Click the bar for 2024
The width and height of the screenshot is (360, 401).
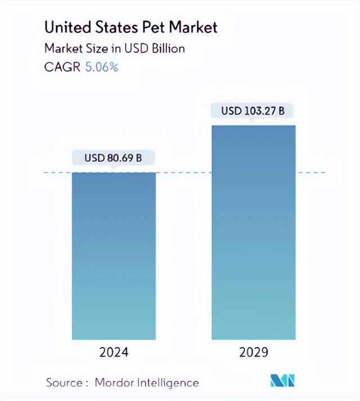[x=114, y=256]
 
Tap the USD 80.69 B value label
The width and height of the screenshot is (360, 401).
[x=114, y=159]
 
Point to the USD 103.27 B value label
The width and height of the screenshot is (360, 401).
[x=253, y=111]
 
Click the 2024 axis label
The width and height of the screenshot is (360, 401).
[x=114, y=353]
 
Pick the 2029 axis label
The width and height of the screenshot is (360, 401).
[x=253, y=353]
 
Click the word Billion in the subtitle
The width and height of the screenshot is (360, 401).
[x=166, y=48]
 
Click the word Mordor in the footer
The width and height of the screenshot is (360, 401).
[x=115, y=382]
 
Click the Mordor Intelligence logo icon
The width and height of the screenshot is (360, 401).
[x=284, y=381]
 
